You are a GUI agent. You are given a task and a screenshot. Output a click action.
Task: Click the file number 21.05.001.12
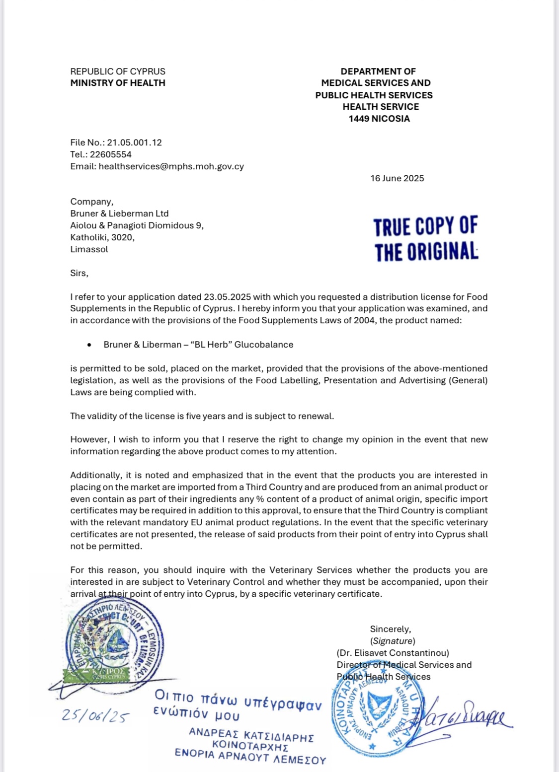(x=134, y=142)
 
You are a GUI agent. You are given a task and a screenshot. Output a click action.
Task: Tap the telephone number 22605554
(x=110, y=154)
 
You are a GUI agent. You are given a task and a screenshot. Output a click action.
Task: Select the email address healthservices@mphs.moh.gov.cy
(x=171, y=166)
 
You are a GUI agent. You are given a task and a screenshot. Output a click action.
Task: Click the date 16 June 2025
(x=397, y=178)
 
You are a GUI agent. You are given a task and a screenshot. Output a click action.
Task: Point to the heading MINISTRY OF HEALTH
(x=118, y=83)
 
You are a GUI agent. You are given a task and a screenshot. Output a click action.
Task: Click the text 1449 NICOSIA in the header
(x=379, y=119)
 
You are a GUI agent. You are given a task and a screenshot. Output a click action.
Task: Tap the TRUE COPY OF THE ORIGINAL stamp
(x=426, y=239)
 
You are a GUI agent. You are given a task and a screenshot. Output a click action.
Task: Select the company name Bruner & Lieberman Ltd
(x=119, y=213)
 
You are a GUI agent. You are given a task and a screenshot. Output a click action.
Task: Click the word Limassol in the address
(x=89, y=249)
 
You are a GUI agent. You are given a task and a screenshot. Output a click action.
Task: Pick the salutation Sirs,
(x=79, y=273)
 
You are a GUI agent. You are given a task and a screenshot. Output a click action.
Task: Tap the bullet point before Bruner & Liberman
(x=89, y=345)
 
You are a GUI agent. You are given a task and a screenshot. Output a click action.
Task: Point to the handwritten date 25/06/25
(x=95, y=716)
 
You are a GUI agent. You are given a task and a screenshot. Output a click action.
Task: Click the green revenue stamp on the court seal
(x=96, y=674)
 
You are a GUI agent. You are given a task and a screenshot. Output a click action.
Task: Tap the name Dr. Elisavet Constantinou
(x=393, y=653)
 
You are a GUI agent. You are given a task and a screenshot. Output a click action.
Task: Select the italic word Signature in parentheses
(x=393, y=641)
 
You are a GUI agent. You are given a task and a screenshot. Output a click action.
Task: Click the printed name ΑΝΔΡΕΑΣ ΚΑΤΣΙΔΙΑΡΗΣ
(x=251, y=735)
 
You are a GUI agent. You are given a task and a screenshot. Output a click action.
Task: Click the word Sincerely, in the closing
(x=390, y=629)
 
